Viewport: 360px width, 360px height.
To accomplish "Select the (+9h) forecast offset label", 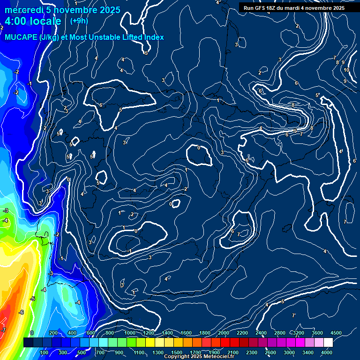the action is pos(79,21).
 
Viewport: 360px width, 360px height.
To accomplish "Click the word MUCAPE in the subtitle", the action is pos(21,37).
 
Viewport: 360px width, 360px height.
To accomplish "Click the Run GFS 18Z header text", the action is pos(265,8).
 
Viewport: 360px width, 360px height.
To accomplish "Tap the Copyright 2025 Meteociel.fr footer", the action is pos(205,357).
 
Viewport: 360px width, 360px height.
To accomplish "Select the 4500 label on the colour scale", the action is pos(336,333).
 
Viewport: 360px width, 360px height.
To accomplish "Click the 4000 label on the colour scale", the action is pos(327,352).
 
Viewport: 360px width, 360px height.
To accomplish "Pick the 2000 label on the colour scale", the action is pos(224,333).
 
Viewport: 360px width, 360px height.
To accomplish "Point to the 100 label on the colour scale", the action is pos(45,352).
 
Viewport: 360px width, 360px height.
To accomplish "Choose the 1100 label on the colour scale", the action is pos(139,352).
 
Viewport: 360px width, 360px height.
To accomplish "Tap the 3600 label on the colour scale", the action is pos(317,333).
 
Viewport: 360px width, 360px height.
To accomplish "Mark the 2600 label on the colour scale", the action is pos(270,352).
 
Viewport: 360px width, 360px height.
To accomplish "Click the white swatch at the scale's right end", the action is pos(328,343).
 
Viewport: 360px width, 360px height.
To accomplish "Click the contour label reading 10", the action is pos(346,70).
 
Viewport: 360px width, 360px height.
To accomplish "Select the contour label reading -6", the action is pos(21,312).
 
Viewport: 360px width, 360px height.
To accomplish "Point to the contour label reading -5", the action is pos(32,299).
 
